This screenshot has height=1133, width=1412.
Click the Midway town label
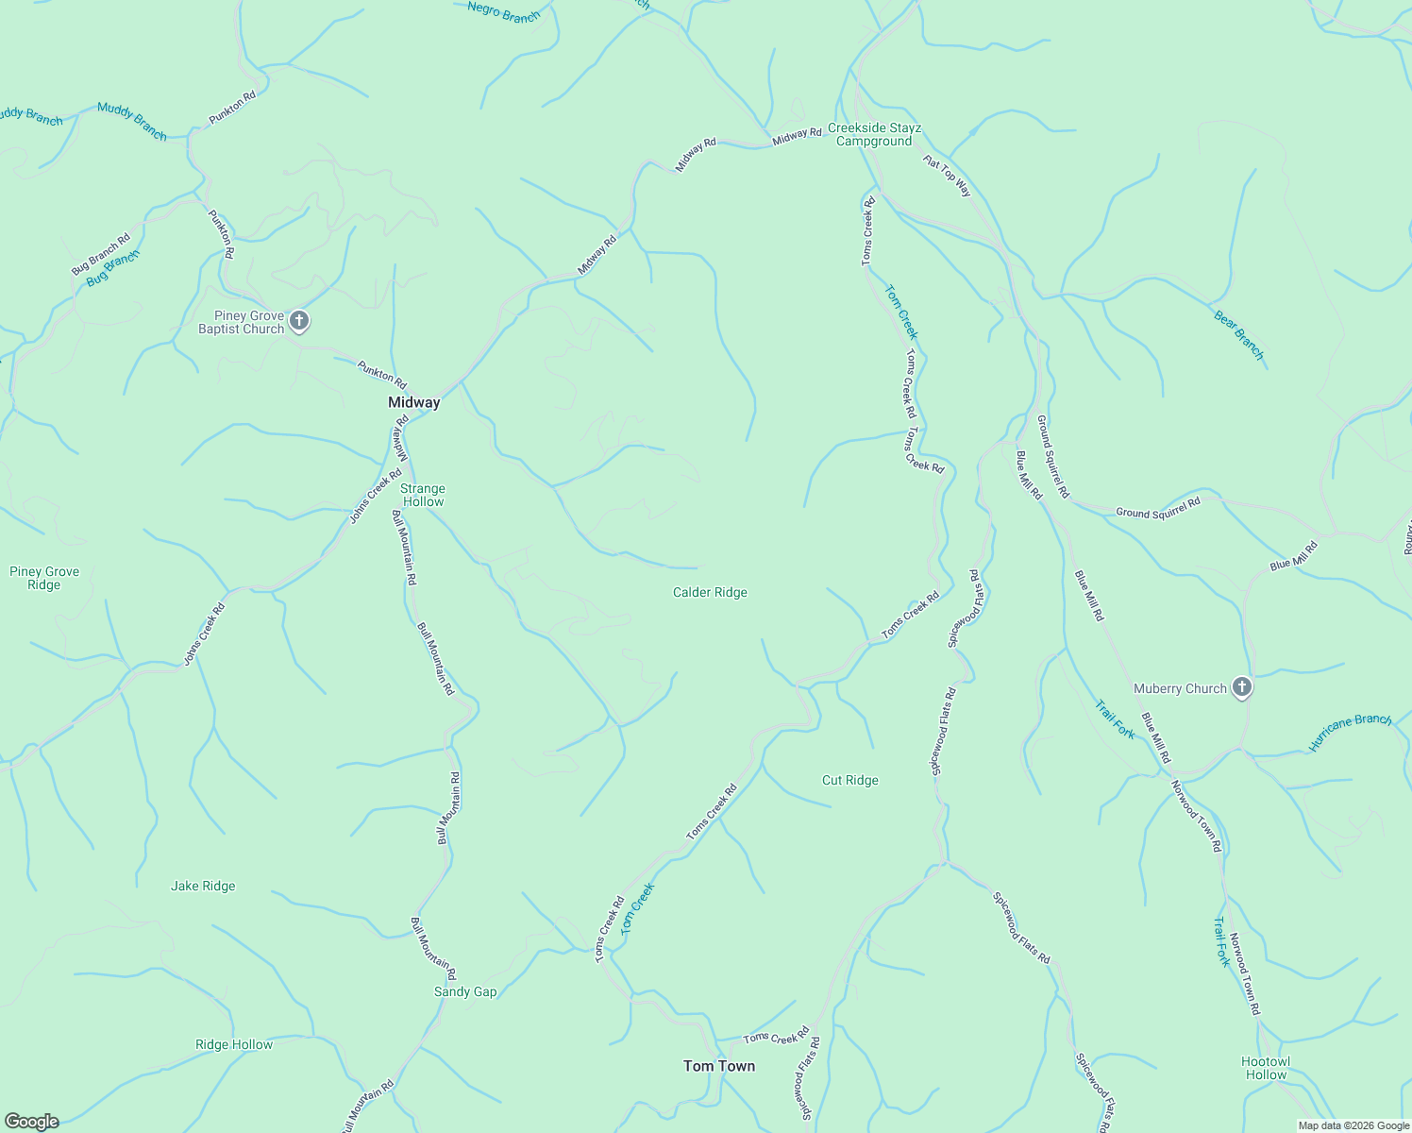413,402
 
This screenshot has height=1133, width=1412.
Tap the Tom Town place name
719,1066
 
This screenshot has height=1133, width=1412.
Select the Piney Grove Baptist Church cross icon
299,322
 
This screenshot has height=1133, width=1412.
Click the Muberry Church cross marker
1242,688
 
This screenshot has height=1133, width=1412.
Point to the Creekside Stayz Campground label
874,135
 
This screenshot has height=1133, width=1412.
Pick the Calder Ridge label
710,593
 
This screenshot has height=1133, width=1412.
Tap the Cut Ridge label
849,781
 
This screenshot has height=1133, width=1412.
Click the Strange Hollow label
423,495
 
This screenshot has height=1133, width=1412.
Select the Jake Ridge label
203,887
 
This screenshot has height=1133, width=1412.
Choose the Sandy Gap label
465,992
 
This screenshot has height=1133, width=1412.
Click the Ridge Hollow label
234,1045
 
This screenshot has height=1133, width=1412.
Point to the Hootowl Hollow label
1266,1068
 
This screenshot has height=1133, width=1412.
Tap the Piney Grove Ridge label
44,578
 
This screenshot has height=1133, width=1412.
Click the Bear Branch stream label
1238,335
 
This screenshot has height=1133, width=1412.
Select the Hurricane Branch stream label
1350,732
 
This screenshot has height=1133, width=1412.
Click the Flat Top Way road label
947,176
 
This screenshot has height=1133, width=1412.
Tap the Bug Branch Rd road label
101,254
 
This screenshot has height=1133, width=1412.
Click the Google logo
31,1122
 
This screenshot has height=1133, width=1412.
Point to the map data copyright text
1353,1125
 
